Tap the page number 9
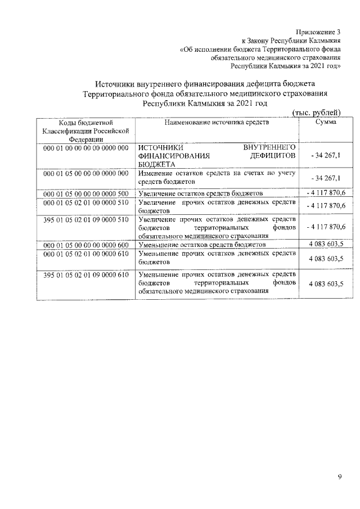pyautogui.click(x=339, y=477)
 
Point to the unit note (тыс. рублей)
pyautogui.click(x=318, y=113)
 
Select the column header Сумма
pyautogui.click(x=326, y=121)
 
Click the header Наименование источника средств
pyautogui.click(x=217, y=121)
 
